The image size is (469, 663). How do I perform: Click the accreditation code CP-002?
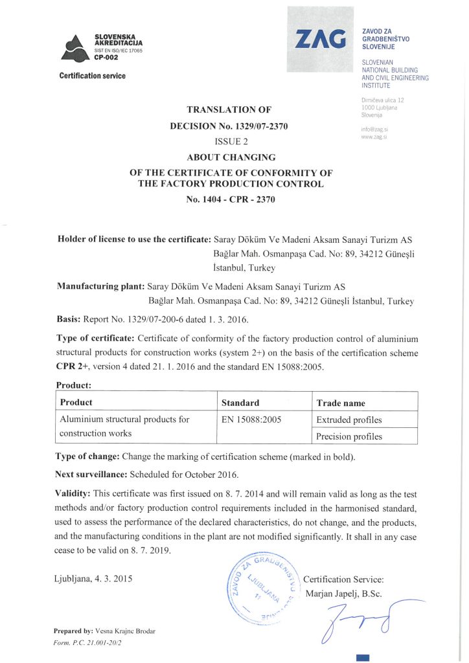coord(107,57)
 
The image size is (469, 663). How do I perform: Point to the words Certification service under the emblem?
coord(92,76)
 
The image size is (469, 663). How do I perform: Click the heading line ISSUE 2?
coord(231,141)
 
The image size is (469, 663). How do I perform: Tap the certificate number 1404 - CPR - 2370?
coord(231,199)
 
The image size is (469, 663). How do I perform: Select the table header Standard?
coord(240,402)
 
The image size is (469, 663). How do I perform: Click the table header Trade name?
coord(341,402)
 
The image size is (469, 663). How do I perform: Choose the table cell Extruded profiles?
coord(349,420)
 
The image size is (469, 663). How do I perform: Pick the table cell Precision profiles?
coord(349,436)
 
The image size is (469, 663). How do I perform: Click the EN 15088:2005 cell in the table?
coord(251,420)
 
